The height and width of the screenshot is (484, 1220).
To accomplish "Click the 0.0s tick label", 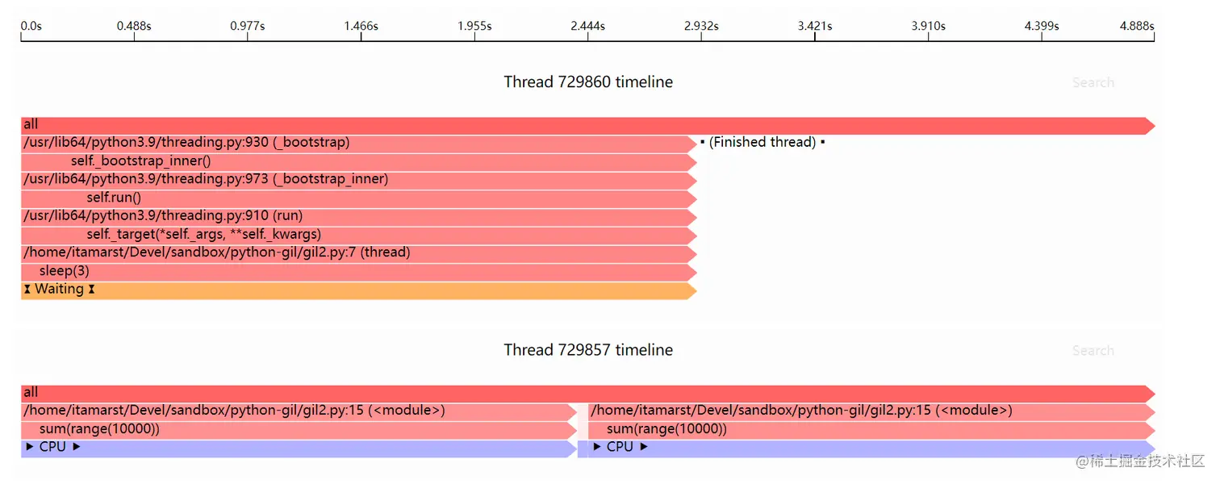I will (x=31, y=26).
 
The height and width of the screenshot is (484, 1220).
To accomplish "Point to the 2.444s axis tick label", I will (x=587, y=26).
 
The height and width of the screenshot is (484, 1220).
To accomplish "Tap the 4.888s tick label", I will (x=1136, y=26).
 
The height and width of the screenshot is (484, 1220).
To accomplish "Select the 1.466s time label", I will (x=361, y=26).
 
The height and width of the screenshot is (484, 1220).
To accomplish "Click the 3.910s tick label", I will (x=928, y=26).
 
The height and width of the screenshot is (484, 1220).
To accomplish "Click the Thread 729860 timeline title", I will (x=588, y=82).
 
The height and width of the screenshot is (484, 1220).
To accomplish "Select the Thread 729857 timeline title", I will (x=588, y=350).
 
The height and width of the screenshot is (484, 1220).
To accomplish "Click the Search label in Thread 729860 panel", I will (x=1093, y=82).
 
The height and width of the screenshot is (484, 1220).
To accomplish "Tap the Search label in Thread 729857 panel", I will (x=1093, y=351).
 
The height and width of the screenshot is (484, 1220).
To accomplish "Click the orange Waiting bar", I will (x=355, y=290).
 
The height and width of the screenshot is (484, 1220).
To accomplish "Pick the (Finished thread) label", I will (x=762, y=143).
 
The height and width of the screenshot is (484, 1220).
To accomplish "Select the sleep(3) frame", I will (x=65, y=271).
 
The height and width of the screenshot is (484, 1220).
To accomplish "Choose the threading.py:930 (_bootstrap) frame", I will (x=186, y=143).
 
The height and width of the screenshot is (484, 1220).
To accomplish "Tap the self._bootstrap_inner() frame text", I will (x=140, y=161).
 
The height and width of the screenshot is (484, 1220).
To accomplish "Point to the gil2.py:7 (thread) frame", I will (x=217, y=252).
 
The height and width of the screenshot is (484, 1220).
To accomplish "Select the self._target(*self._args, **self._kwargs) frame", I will (x=204, y=234).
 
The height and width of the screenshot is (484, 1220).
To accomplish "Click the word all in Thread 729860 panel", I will (x=31, y=124).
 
